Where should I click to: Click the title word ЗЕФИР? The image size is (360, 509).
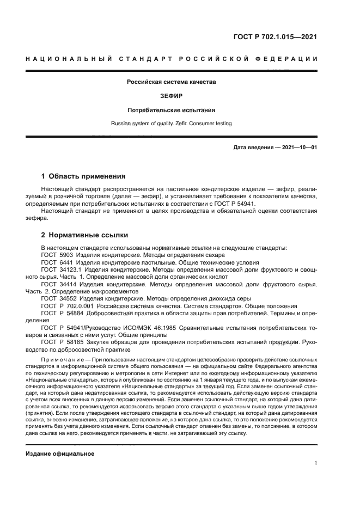(x=172, y=96)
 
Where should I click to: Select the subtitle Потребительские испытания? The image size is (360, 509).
(x=172, y=109)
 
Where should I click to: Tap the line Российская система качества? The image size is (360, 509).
(x=172, y=82)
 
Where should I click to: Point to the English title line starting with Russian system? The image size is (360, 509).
(x=172, y=124)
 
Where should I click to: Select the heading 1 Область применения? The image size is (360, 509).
(x=84, y=176)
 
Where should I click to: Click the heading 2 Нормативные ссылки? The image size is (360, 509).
(x=85, y=235)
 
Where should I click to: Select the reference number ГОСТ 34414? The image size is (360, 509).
(x=58, y=284)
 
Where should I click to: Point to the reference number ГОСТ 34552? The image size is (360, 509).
(x=58, y=299)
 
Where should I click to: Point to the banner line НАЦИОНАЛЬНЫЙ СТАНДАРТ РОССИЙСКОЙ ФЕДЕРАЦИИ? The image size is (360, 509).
(x=172, y=58)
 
